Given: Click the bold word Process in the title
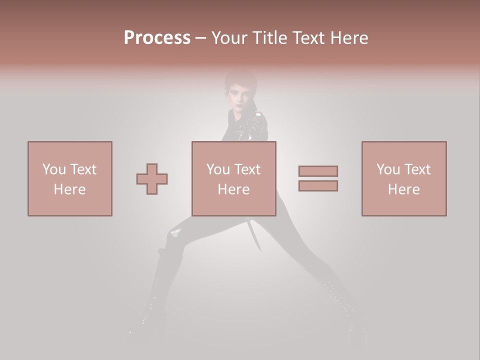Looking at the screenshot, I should click(157, 37).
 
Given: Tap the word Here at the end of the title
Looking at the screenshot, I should click(348, 37).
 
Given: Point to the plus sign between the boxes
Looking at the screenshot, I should click(152, 178).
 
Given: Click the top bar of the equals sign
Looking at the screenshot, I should click(318, 171).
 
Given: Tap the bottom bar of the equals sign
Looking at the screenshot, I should click(318, 185).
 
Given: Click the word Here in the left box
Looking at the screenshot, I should click(69, 189).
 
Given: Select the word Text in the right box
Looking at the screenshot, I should click(417, 169).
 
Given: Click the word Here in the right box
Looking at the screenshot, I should click(404, 189).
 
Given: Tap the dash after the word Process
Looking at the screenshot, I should click(200, 38).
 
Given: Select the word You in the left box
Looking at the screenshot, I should click(54, 169).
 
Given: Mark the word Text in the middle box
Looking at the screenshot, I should click(247, 169).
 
